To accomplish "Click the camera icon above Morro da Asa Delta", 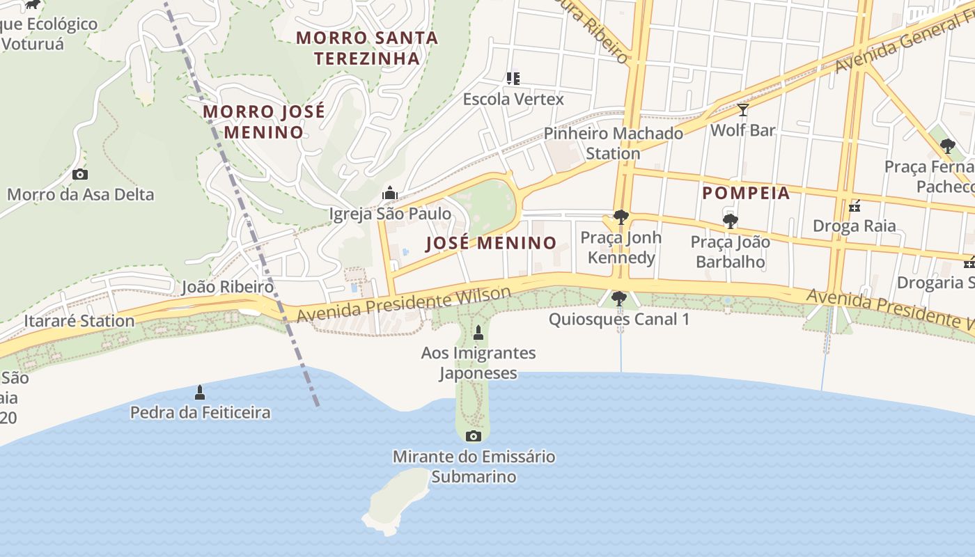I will [x=80, y=174].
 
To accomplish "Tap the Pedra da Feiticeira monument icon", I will [x=200, y=393].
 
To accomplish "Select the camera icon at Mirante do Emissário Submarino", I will [x=474, y=437].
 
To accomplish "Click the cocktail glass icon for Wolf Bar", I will [x=743, y=110].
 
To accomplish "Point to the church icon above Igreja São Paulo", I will [x=390, y=193].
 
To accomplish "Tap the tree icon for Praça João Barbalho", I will [x=730, y=222].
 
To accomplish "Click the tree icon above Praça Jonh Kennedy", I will [x=620, y=217].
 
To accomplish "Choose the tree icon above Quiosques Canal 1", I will [x=618, y=299].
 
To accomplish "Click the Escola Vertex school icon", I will [x=513, y=79].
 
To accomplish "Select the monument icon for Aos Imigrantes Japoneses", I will [x=478, y=331].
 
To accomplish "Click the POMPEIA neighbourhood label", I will [x=746, y=193].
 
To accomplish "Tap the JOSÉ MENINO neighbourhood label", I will [x=491, y=243].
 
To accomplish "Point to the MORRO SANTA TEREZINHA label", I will [x=367, y=48].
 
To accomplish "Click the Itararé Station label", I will [x=79, y=321].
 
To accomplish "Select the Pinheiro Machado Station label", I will [x=613, y=143].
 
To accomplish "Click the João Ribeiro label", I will [x=227, y=287].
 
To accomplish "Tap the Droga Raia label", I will [x=855, y=226].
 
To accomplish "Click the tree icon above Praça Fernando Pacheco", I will [x=947, y=146].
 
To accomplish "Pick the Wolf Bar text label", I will [x=742, y=130].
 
